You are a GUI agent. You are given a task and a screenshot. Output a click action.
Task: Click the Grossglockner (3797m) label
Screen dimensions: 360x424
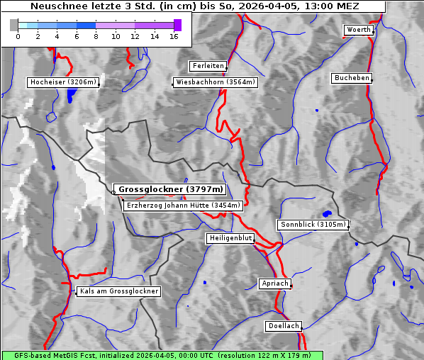170,190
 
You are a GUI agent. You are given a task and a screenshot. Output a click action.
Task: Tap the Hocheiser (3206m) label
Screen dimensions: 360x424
63,82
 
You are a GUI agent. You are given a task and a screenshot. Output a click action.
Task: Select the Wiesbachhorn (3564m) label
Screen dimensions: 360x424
216,82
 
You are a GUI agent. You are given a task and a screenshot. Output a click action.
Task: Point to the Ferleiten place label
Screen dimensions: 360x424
208,66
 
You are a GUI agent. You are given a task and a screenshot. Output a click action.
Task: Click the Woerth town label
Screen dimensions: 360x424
358,30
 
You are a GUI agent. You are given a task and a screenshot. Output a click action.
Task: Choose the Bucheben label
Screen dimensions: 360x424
352,77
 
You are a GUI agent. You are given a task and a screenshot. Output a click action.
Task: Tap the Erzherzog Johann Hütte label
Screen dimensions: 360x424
183,206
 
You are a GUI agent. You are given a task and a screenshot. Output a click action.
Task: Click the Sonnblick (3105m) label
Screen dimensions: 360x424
313,225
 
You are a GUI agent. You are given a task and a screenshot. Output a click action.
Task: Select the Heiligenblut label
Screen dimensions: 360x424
230,238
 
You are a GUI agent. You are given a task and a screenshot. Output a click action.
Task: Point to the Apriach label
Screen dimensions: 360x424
274,283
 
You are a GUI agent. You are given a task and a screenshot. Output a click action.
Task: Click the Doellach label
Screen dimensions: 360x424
284,327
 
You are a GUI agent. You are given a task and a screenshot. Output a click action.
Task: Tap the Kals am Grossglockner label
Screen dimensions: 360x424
119,291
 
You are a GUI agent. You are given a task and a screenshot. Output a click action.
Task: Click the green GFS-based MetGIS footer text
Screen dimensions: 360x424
162,355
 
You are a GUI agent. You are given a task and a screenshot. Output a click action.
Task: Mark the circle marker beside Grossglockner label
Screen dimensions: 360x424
113,191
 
